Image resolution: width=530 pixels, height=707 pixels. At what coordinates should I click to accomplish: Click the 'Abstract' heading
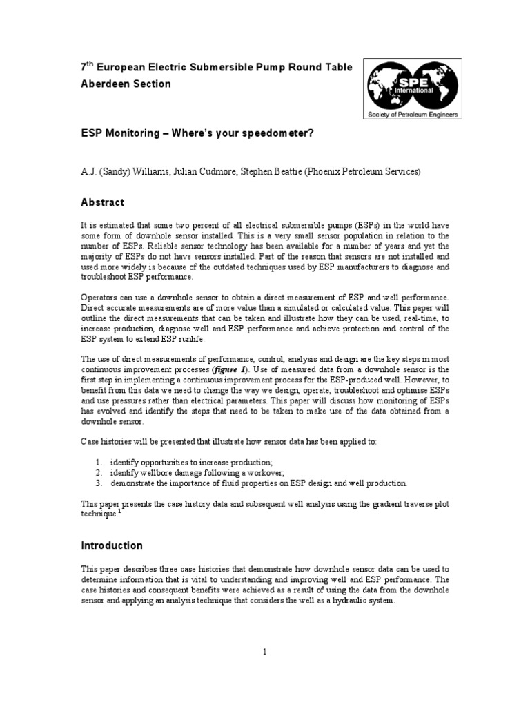103,202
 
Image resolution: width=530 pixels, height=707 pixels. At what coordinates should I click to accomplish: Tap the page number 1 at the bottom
264,651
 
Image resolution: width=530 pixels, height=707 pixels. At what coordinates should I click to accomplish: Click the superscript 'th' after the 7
90,64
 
